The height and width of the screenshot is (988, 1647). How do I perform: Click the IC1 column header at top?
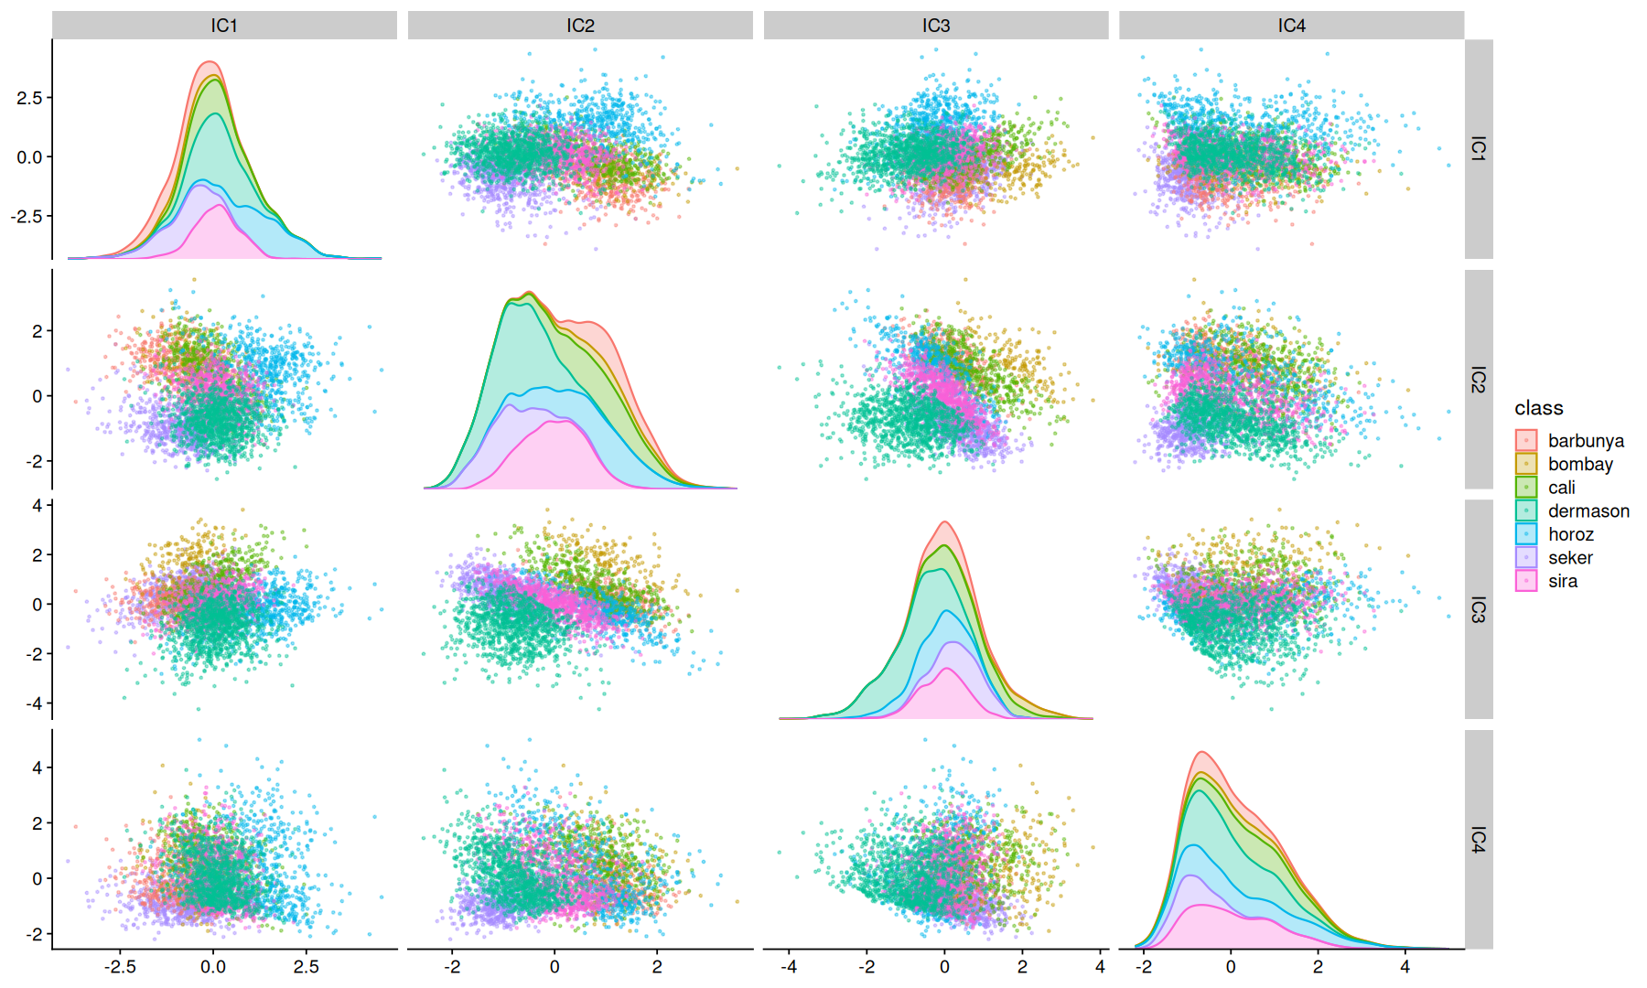point(224,26)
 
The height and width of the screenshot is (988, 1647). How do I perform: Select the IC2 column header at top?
point(580,26)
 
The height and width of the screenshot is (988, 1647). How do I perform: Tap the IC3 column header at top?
point(936,26)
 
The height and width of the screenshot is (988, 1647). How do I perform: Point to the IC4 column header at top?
point(1291,26)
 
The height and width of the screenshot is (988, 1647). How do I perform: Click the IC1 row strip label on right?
point(1478,149)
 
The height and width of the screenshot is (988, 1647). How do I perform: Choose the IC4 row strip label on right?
point(1478,840)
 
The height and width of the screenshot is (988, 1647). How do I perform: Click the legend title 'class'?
point(1538,408)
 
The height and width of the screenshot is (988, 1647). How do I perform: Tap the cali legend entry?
point(1561,488)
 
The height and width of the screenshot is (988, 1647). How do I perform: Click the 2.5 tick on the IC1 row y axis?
point(29,98)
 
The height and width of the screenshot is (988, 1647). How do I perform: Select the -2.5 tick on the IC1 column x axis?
point(120,967)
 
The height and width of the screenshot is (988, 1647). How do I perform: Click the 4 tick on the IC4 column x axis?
point(1405,967)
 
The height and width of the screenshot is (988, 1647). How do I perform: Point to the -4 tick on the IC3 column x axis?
point(789,967)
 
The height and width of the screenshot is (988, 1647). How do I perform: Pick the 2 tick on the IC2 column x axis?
point(657,967)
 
